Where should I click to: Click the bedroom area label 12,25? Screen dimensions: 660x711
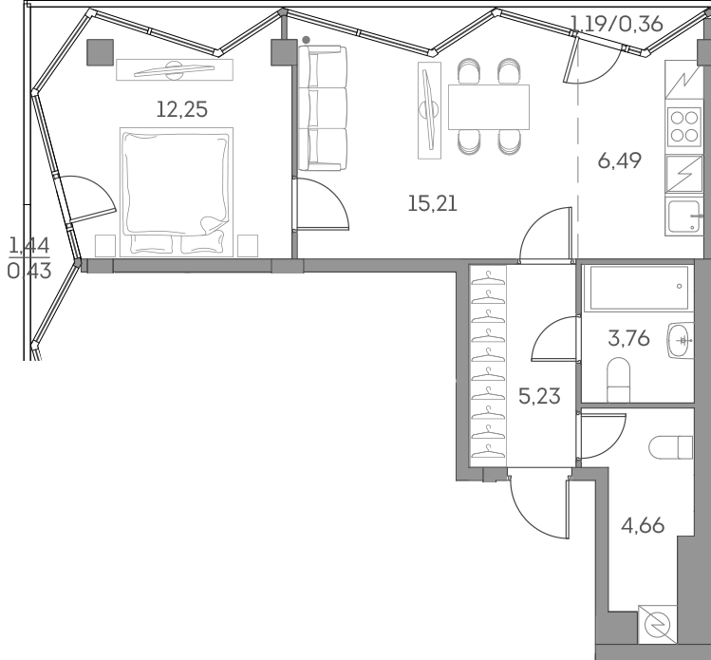180,109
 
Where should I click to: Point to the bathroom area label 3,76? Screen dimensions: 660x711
628,337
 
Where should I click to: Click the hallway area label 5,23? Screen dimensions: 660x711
539,396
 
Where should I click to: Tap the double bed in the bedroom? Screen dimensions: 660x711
176,191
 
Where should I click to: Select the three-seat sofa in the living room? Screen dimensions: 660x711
323,109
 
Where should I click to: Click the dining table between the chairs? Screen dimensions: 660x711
488,106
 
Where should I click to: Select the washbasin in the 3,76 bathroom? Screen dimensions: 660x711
682,339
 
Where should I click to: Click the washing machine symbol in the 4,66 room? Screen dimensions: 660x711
660,625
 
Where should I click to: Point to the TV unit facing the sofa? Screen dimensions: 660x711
430,110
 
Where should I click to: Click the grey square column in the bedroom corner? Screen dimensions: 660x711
100,52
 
